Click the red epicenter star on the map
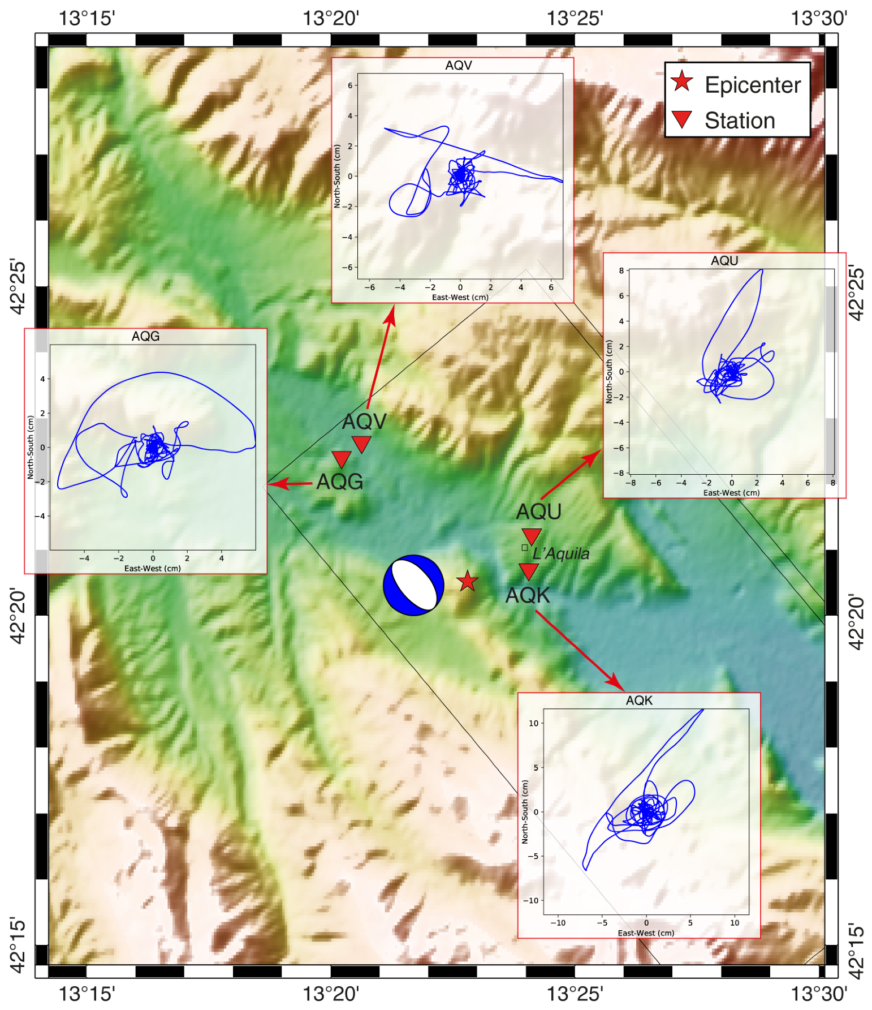pyautogui.click(x=467, y=581)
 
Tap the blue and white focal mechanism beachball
pyautogui.click(x=413, y=585)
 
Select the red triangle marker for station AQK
pyautogui.click(x=528, y=571)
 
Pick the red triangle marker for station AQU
pyautogui.click(x=532, y=535)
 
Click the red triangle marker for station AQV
pyautogui.click(x=361, y=443)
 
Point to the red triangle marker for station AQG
pyautogui.click(x=342, y=458)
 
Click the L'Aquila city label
pyautogui.click(x=561, y=553)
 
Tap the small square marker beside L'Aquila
pyautogui.click(x=525, y=548)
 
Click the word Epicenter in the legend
pyautogui.click(x=752, y=85)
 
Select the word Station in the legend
pyautogui.click(x=740, y=121)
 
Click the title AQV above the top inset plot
pyautogui.click(x=458, y=66)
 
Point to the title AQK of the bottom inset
pyautogui.click(x=639, y=700)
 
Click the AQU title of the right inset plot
pyautogui.click(x=724, y=261)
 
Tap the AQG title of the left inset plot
pyautogui.click(x=145, y=337)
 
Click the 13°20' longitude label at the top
pyautogui.click(x=331, y=18)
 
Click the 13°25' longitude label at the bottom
pyautogui.click(x=575, y=994)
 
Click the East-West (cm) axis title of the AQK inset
pyautogui.click(x=646, y=933)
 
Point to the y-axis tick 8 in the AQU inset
pyautogui.click(x=621, y=270)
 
